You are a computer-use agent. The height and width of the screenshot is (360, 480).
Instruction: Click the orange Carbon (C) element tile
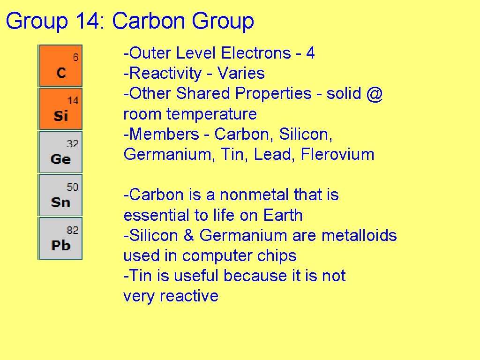(x=61, y=66)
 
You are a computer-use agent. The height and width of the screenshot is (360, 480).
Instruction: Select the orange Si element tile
(x=61, y=109)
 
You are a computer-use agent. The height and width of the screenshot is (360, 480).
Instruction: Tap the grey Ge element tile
(x=61, y=152)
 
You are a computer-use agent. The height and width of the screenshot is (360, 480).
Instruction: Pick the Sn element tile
(x=61, y=195)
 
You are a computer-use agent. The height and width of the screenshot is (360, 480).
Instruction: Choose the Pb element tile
(x=61, y=239)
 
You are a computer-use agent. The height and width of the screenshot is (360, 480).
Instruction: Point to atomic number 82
(x=73, y=230)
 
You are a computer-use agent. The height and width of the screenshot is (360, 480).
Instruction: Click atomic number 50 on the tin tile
(x=73, y=187)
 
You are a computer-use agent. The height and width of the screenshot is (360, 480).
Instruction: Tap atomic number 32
(x=73, y=144)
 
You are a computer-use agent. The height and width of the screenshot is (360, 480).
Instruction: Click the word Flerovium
(x=337, y=155)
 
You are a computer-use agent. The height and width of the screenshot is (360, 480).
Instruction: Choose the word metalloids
(x=359, y=235)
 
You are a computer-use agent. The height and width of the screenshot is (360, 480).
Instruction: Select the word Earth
(x=283, y=216)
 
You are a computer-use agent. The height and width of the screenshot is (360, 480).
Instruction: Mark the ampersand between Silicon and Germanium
(x=189, y=235)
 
